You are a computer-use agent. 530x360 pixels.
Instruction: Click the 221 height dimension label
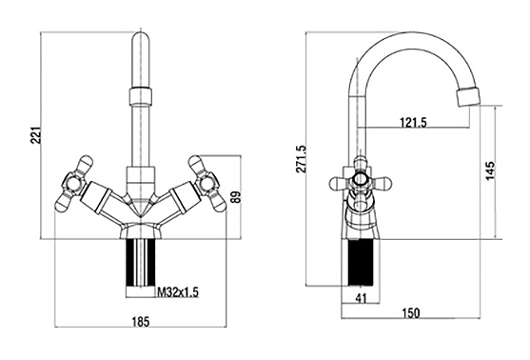tap(36, 135)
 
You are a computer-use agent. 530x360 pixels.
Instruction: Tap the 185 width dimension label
tap(140, 322)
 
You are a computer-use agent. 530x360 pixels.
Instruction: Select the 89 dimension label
tap(237, 197)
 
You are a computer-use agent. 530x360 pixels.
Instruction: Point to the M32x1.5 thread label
tap(177, 292)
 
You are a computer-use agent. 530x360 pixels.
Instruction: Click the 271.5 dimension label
tap(302, 159)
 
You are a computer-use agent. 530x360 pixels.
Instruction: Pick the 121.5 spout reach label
tap(413, 122)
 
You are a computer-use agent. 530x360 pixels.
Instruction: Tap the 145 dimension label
tap(491, 171)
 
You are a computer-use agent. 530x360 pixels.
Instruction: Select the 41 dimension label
tap(361, 298)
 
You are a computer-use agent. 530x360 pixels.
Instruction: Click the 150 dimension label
tap(411, 313)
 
